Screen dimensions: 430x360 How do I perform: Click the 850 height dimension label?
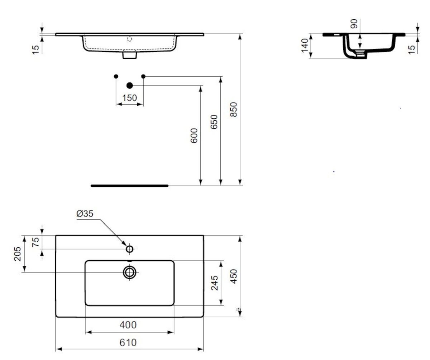pyautogui.click(x=234, y=109)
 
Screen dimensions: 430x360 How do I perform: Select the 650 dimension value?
pyautogui.click(x=214, y=122)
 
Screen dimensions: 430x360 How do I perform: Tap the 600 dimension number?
pyautogui.click(x=194, y=136)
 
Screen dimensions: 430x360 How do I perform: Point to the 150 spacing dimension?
pyautogui.click(x=129, y=98)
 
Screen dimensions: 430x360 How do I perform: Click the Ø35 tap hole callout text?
pyautogui.click(x=85, y=213)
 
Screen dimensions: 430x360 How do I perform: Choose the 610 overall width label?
pyautogui.click(x=128, y=342)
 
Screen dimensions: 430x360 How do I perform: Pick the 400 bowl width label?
pyautogui.click(x=128, y=325)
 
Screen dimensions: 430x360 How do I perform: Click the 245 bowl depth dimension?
pyautogui.click(x=214, y=283)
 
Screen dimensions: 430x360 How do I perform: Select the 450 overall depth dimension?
pyautogui.click(x=234, y=276)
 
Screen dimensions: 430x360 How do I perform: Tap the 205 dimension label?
pyautogui.click(x=17, y=254)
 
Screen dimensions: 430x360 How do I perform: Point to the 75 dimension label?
pyautogui.click(x=35, y=242)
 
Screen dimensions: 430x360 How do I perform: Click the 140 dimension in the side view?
pyautogui.click(x=305, y=46)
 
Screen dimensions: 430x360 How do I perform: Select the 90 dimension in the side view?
pyautogui.click(x=354, y=24)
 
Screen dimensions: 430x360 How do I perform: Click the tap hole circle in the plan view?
pyautogui.click(x=129, y=249)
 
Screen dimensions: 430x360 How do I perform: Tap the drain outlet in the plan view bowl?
pyautogui.click(x=129, y=273)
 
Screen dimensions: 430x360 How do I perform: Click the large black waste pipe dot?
pyautogui.click(x=129, y=85)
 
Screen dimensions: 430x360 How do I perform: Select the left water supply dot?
pyautogui.click(x=116, y=76)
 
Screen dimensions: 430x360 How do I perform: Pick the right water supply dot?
pyautogui.click(x=143, y=76)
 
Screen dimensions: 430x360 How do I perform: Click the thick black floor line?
pyautogui.click(x=129, y=186)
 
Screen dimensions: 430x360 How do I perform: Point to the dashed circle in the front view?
pyautogui.click(x=129, y=39)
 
